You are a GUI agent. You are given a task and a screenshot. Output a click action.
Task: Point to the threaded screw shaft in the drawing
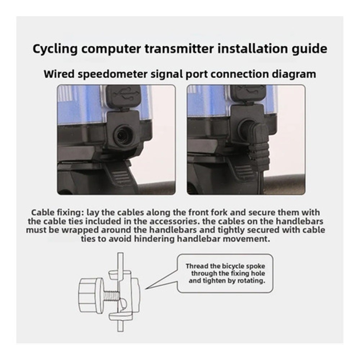pos(109,295)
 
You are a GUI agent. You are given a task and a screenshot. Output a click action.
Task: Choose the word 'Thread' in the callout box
pos(197,266)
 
